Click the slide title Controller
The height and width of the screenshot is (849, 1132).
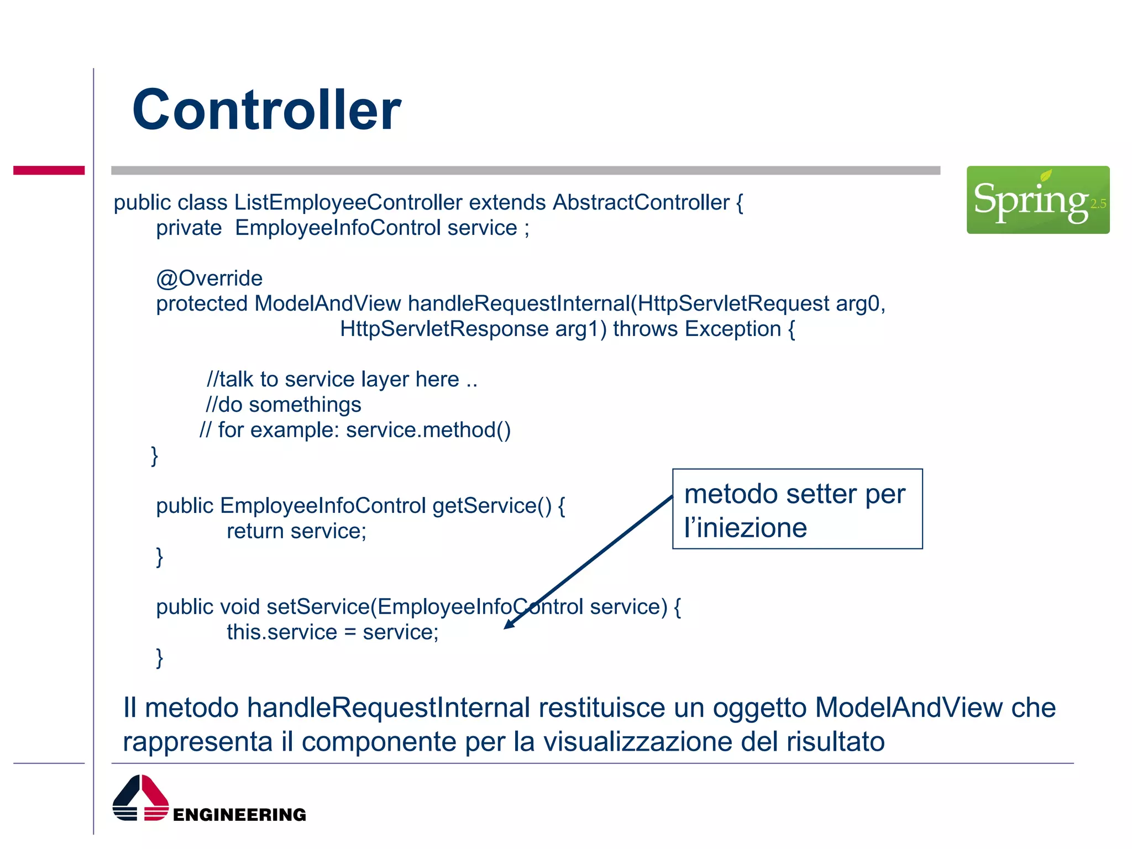coord(266,110)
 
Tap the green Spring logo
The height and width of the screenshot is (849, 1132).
coord(1037,200)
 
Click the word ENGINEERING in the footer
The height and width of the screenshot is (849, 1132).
coord(239,814)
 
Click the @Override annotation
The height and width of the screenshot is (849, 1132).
coord(209,278)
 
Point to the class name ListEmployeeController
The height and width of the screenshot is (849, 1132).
coord(348,202)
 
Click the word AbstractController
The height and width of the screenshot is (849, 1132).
coord(641,202)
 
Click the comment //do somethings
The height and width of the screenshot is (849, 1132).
coord(284,405)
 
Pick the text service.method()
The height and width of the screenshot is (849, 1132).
coord(428,430)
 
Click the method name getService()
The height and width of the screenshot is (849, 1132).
coord(492,506)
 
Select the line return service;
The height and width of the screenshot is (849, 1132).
coord(296,531)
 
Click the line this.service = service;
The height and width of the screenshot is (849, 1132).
coord(332,632)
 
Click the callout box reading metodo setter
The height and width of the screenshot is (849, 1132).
coord(797,509)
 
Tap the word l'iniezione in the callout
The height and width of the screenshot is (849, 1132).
coord(745,527)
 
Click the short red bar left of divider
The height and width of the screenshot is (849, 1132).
coord(49,170)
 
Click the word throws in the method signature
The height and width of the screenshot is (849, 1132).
coord(645,329)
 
